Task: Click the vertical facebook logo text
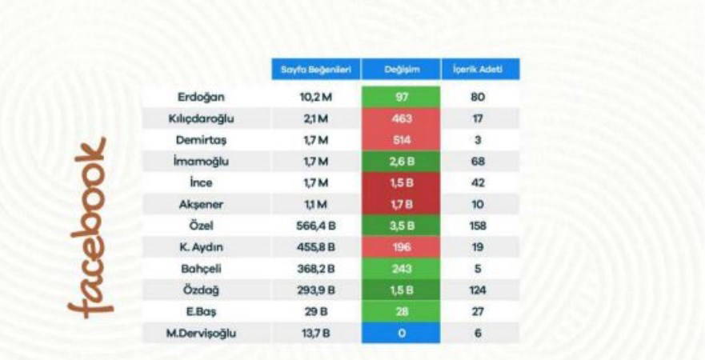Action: (87, 229)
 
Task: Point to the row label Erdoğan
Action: (198, 97)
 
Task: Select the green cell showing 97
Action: (400, 97)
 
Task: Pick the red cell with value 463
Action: (400, 118)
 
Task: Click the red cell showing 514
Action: (400, 140)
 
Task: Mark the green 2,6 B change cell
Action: (400, 162)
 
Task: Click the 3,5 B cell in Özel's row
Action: (400, 226)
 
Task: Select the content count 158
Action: (479, 226)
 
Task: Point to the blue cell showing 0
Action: (400, 334)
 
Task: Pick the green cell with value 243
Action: (400, 269)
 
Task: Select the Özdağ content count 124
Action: (479, 290)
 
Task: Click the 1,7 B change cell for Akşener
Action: (400, 205)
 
